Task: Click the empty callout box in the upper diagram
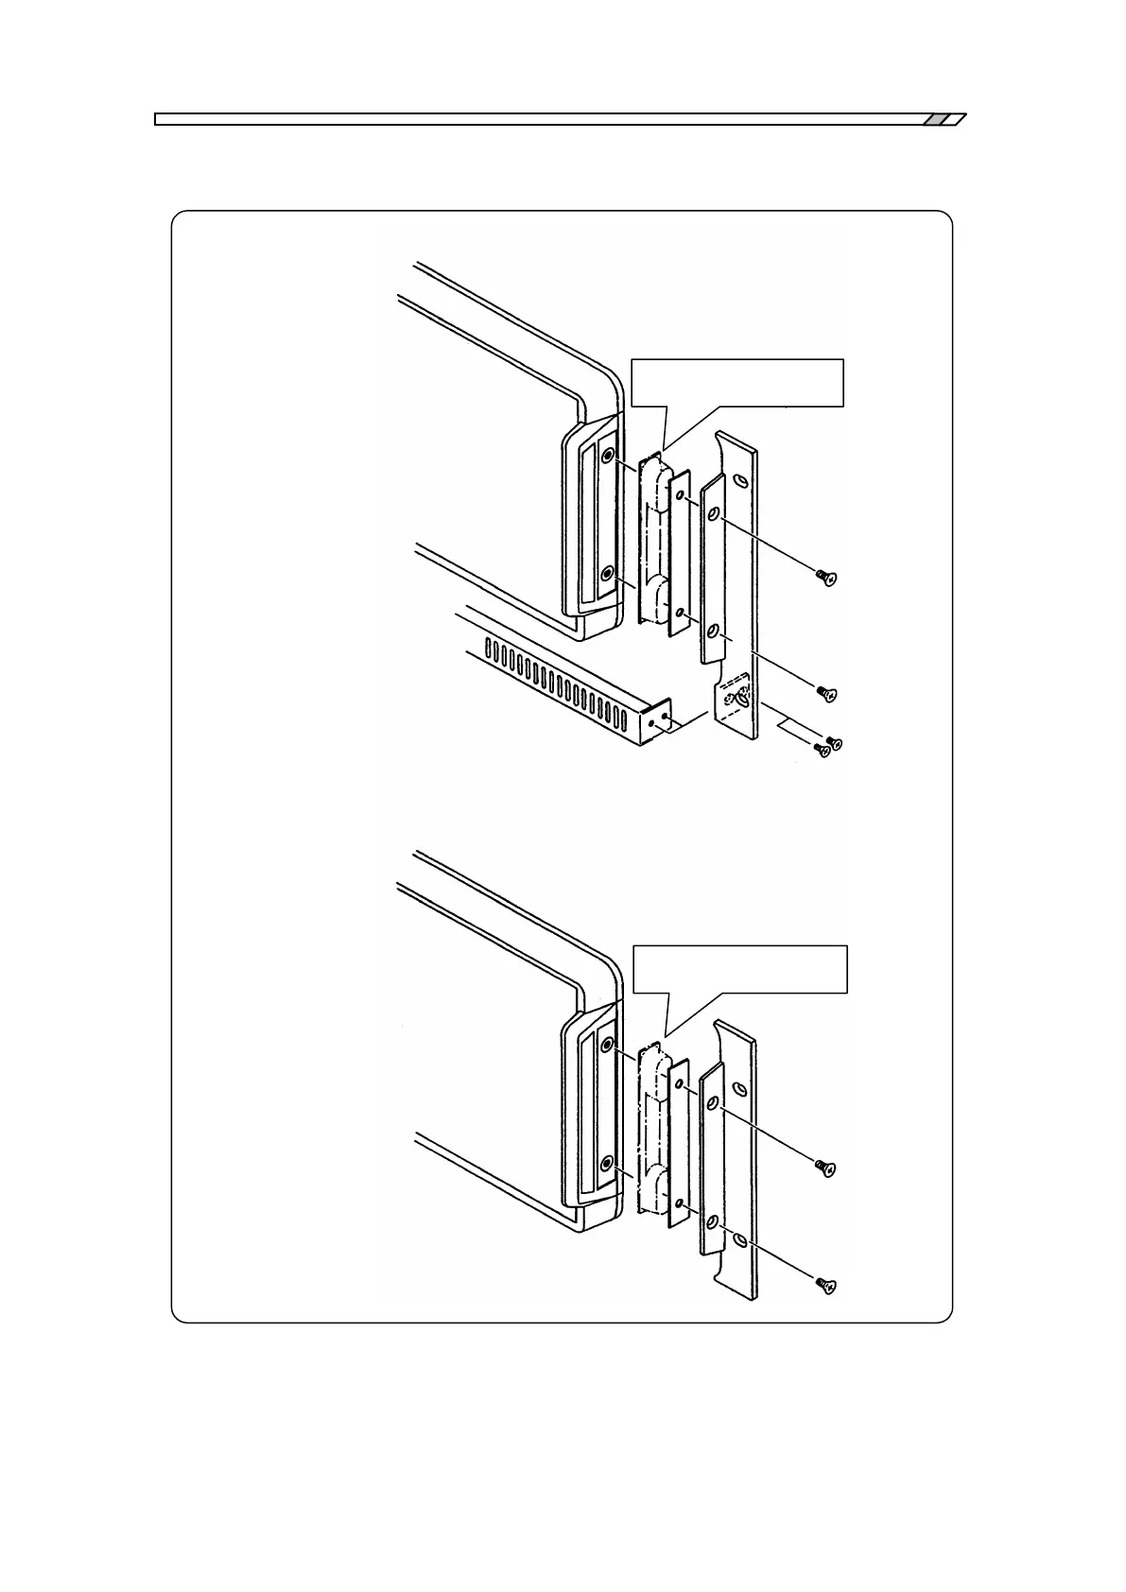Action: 736,382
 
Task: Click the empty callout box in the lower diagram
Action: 739,969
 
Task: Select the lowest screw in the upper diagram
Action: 822,751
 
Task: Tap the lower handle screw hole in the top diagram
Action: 607,573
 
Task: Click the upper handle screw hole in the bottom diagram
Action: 607,1044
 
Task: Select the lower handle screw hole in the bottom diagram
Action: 607,1162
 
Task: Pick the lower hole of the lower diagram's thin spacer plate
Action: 679,1203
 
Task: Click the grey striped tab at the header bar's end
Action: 944,119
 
